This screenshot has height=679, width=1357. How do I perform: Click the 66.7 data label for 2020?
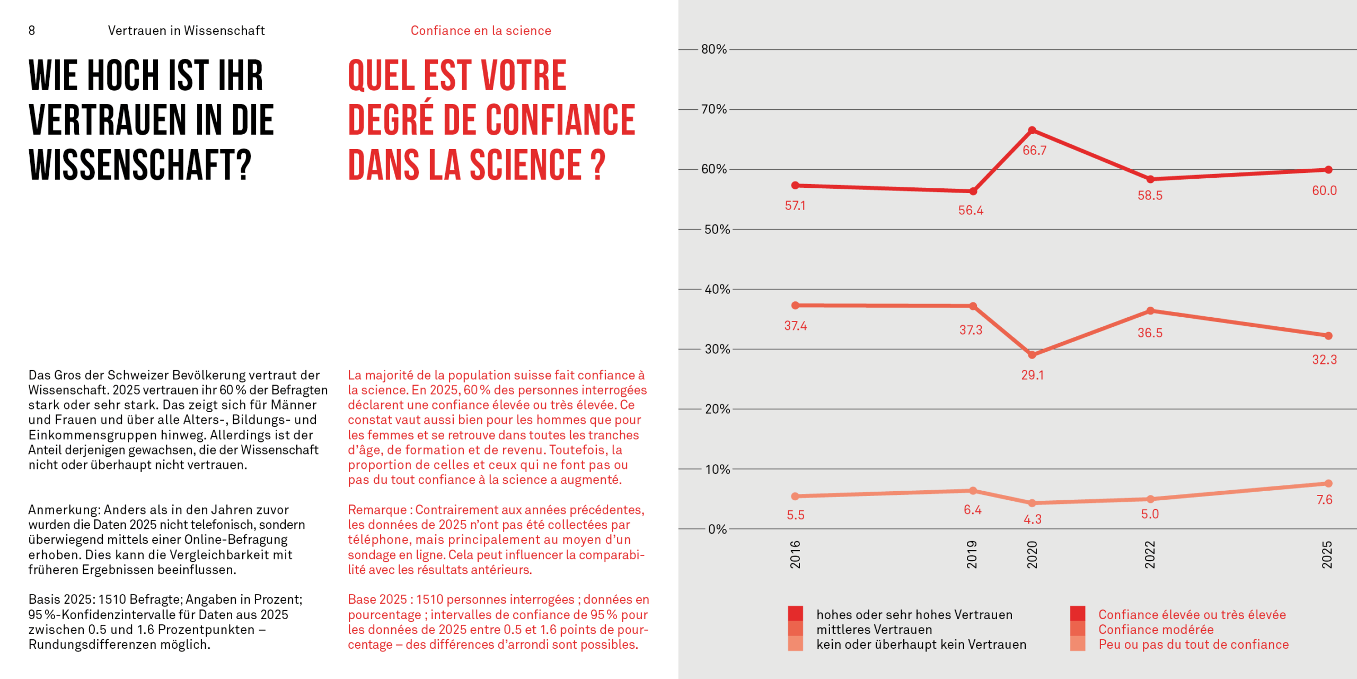click(x=1034, y=151)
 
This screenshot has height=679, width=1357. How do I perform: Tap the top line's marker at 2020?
click(x=1032, y=130)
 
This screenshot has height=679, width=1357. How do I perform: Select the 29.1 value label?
click(x=1032, y=375)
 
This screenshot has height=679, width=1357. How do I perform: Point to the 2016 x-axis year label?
click(x=795, y=554)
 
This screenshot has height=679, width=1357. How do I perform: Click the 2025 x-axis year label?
click(x=1327, y=554)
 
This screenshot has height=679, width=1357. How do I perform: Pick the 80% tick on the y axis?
click(x=713, y=49)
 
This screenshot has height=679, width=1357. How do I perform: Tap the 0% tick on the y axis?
click(x=717, y=529)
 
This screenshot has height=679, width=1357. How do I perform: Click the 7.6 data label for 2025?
click(x=1324, y=500)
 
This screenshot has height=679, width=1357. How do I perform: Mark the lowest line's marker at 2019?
click(x=973, y=491)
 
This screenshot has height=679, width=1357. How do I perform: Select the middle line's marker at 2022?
click(x=1150, y=311)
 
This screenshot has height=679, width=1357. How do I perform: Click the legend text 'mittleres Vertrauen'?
click(x=874, y=630)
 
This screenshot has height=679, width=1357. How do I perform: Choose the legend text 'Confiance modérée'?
click(x=1156, y=630)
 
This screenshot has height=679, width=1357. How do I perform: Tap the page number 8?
click(x=32, y=31)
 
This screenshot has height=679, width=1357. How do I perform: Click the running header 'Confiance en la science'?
click(x=481, y=31)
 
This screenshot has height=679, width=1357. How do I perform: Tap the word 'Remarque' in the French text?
click(x=376, y=510)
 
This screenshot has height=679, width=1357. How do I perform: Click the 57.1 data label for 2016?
click(x=795, y=206)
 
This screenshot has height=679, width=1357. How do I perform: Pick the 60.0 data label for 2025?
click(x=1324, y=190)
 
